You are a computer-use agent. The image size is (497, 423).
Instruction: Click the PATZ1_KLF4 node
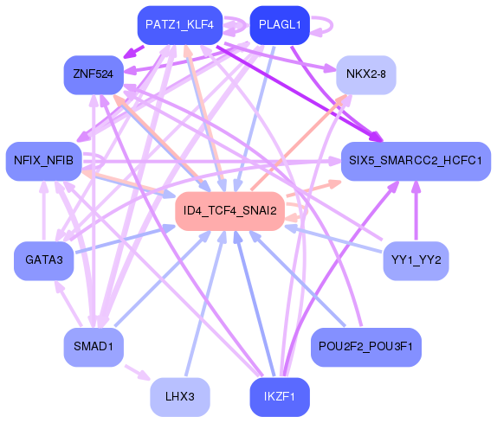pyautogui.click(x=180, y=25)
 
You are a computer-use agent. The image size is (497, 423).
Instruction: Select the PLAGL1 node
pyautogui.click(x=280, y=25)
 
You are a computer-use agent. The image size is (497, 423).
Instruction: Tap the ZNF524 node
pyautogui.click(x=94, y=74)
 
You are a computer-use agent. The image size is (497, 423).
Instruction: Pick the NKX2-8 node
pyautogui.click(x=366, y=74)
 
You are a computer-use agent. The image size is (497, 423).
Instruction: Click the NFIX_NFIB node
pyautogui.click(x=44, y=161)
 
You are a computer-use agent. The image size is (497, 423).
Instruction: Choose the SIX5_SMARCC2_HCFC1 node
pyautogui.click(x=416, y=161)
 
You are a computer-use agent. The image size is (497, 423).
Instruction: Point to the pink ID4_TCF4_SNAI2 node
pyautogui.click(x=229, y=211)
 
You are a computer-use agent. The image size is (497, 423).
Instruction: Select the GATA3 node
pyautogui.click(x=44, y=261)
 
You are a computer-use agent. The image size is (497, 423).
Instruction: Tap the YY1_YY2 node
pyautogui.click(x=416, y=261)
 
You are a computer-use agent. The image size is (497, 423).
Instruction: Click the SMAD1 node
pyautogui.click(x=94, y=347)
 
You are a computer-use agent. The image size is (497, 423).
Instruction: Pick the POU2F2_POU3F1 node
pyautogui.click(x=366, y=347)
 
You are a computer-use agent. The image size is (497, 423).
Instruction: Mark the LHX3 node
pyautogui.click(x=180, y=397)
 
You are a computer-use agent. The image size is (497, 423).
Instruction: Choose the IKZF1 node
pyautogui.click(x=280, y=397)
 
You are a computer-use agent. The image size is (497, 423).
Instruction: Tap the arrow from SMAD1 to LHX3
pyautogui.click(x=138, y=373)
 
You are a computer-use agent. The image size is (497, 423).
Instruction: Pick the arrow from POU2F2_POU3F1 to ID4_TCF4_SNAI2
pyautogui.click(x=297, y=278)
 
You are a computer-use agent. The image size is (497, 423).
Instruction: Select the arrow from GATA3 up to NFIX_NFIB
pyautogui.click(x=44, y=211)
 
